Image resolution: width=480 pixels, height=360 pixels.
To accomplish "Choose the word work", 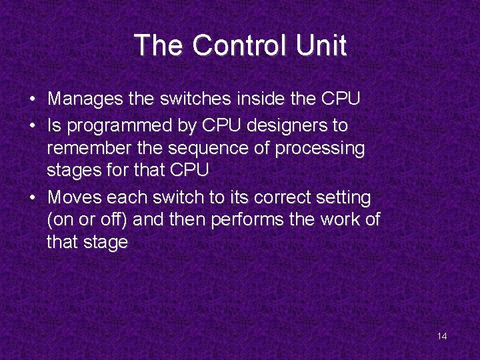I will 343,220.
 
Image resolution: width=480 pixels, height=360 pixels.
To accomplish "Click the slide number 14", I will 442,336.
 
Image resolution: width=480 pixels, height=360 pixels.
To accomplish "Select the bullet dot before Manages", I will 32,101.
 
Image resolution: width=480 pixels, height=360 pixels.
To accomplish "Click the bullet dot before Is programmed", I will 32,125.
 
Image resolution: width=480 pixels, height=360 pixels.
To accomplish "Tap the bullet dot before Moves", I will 32,198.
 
